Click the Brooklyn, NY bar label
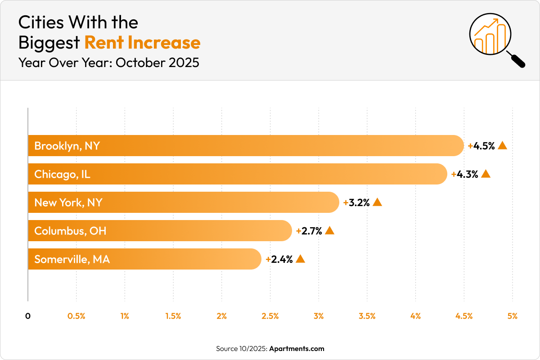tap(67, 146)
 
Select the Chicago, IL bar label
tap(62, 174)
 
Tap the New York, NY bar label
tap(68, 202)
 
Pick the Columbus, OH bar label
tap(70, 231)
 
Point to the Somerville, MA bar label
tap(72, 259)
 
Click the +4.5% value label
tap(481, 146)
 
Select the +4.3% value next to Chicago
tap(465, 174)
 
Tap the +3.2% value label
tap(356, 202)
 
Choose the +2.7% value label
tap(309, 231)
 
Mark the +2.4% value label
tap(279, 259)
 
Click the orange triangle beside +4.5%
tap(503, 145)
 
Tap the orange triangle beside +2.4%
tap(301, 259)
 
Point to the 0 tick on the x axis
tap(28, 316)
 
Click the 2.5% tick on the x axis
tap(270, 316)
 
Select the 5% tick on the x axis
tap(512, 316)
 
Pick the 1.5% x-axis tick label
tap(173, 316)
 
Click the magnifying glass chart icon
tap(495, 40)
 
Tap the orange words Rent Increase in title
tap(142, 42)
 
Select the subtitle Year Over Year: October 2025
tap(108, 63)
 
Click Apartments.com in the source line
tap(297, 348)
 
